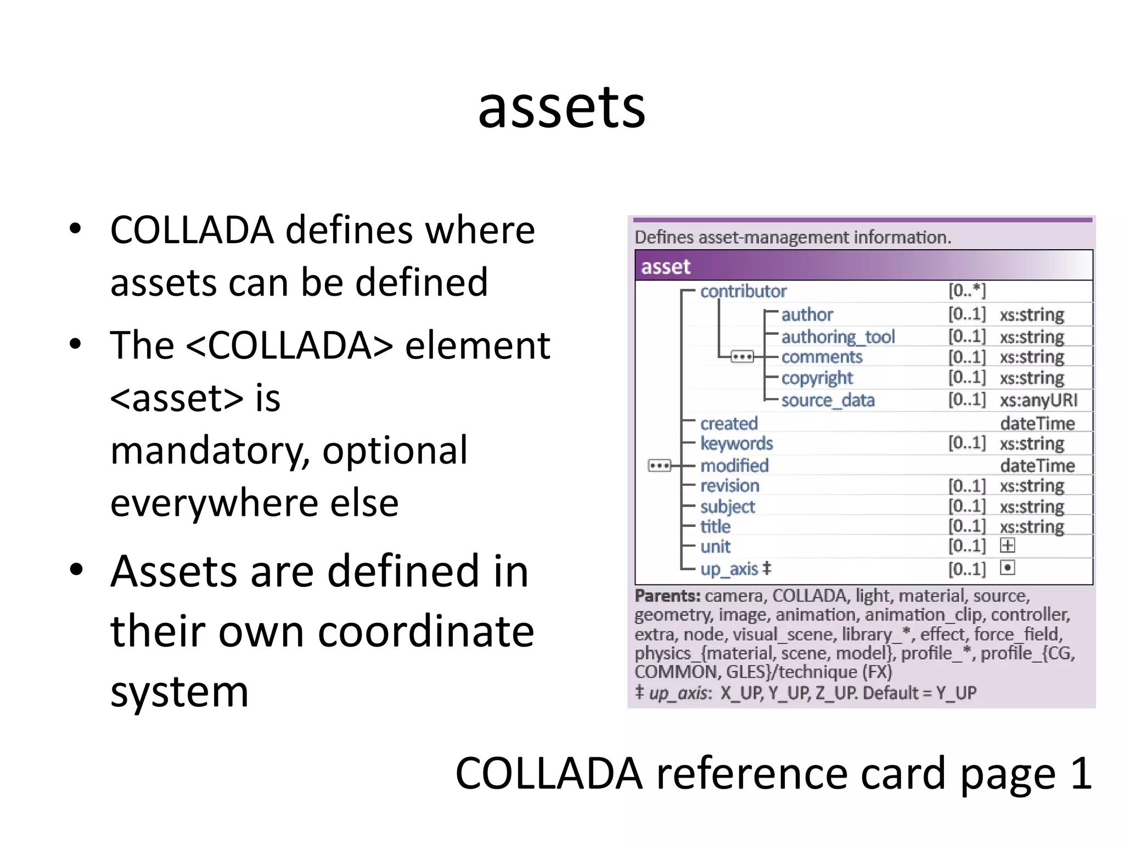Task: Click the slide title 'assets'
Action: pos(561,108)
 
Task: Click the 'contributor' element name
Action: pos(743,291)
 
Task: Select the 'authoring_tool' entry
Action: pos(838,336)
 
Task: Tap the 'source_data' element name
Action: pos(828,400)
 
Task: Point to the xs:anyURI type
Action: pos(1038,400)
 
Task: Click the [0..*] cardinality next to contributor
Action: pos(967,290)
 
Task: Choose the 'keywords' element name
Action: pos(737,443)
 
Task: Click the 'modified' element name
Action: pos(734,465)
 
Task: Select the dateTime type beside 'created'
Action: pos(1037,423)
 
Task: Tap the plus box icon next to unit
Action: pos(1008,546)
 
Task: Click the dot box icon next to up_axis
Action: pos(1008,567)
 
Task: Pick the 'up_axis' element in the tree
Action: pos(729,569)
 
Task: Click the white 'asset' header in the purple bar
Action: pos(666,267)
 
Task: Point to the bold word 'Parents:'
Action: pos(667,595)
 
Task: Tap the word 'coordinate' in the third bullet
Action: pos(426,631)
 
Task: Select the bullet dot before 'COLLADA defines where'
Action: pos(76,228)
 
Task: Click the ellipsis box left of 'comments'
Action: pos(742,357)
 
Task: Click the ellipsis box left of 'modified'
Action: pos(660,466)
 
